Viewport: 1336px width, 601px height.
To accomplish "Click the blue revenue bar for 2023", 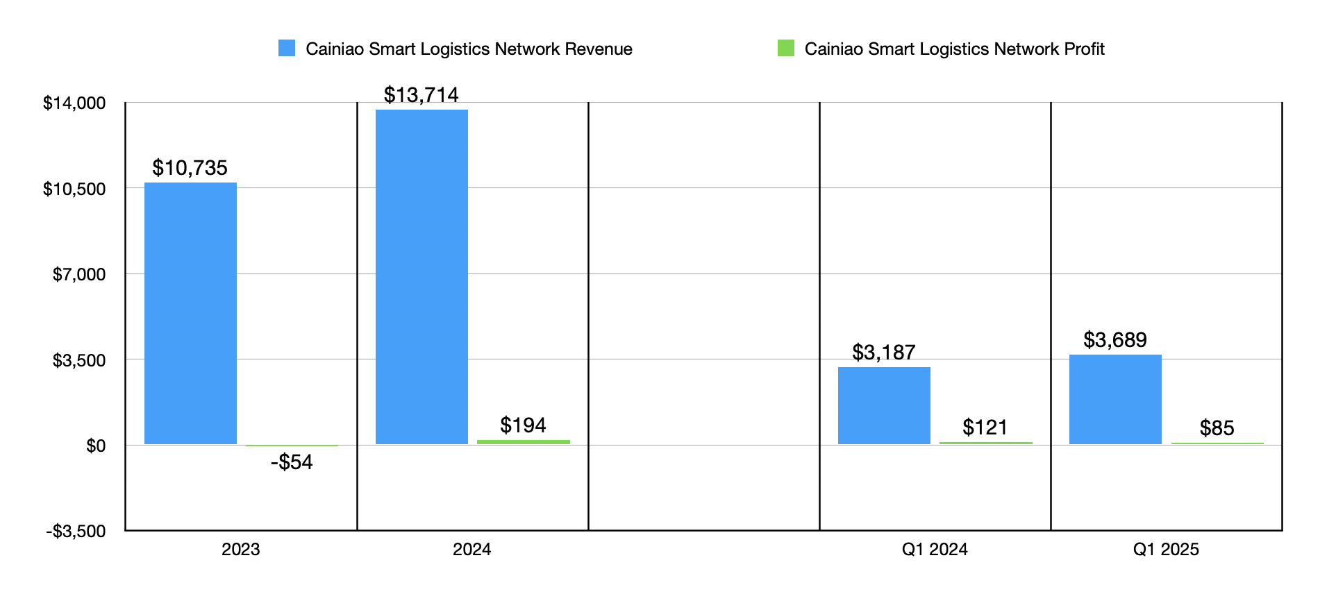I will click(x=190, y=313).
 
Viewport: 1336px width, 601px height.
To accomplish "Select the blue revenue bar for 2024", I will click(x=421, y=277).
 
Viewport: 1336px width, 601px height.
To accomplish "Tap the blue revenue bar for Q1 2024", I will click(x=884, y=405).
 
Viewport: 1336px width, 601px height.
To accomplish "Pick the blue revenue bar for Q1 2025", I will click(x=1115, y=399).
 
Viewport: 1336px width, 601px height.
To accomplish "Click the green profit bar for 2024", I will click(x=524, y=442).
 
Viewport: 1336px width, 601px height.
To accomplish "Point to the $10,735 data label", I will click(x=190, y=168).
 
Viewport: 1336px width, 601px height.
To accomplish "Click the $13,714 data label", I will click(x=421, y=95).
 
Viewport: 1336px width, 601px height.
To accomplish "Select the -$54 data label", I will click(x=292, y=462).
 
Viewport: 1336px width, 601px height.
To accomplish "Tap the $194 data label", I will click(x=524, y=425).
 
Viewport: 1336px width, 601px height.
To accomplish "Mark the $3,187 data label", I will click(x=884, y=353).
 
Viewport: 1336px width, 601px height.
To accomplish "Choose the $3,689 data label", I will click(x=1115, y=340).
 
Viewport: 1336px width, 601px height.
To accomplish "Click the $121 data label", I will click(x=985, y=428).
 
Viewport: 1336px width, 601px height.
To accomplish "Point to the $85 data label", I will click(x=1217, y=428).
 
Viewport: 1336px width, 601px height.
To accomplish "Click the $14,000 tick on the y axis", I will click(x=74, y=103).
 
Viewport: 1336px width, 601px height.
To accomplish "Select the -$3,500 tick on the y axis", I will click(x=76, y=532).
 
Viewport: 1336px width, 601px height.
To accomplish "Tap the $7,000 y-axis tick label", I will click(x=79, y=275).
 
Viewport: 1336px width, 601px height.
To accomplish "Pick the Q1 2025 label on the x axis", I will click(x=1166, y=550).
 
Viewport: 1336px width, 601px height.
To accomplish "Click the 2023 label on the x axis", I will click(x=240, y=550).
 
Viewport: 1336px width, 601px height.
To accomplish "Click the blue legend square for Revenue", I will click(x=287, y=48).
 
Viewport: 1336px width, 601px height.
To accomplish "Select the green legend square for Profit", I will click(x=786, y=48).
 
